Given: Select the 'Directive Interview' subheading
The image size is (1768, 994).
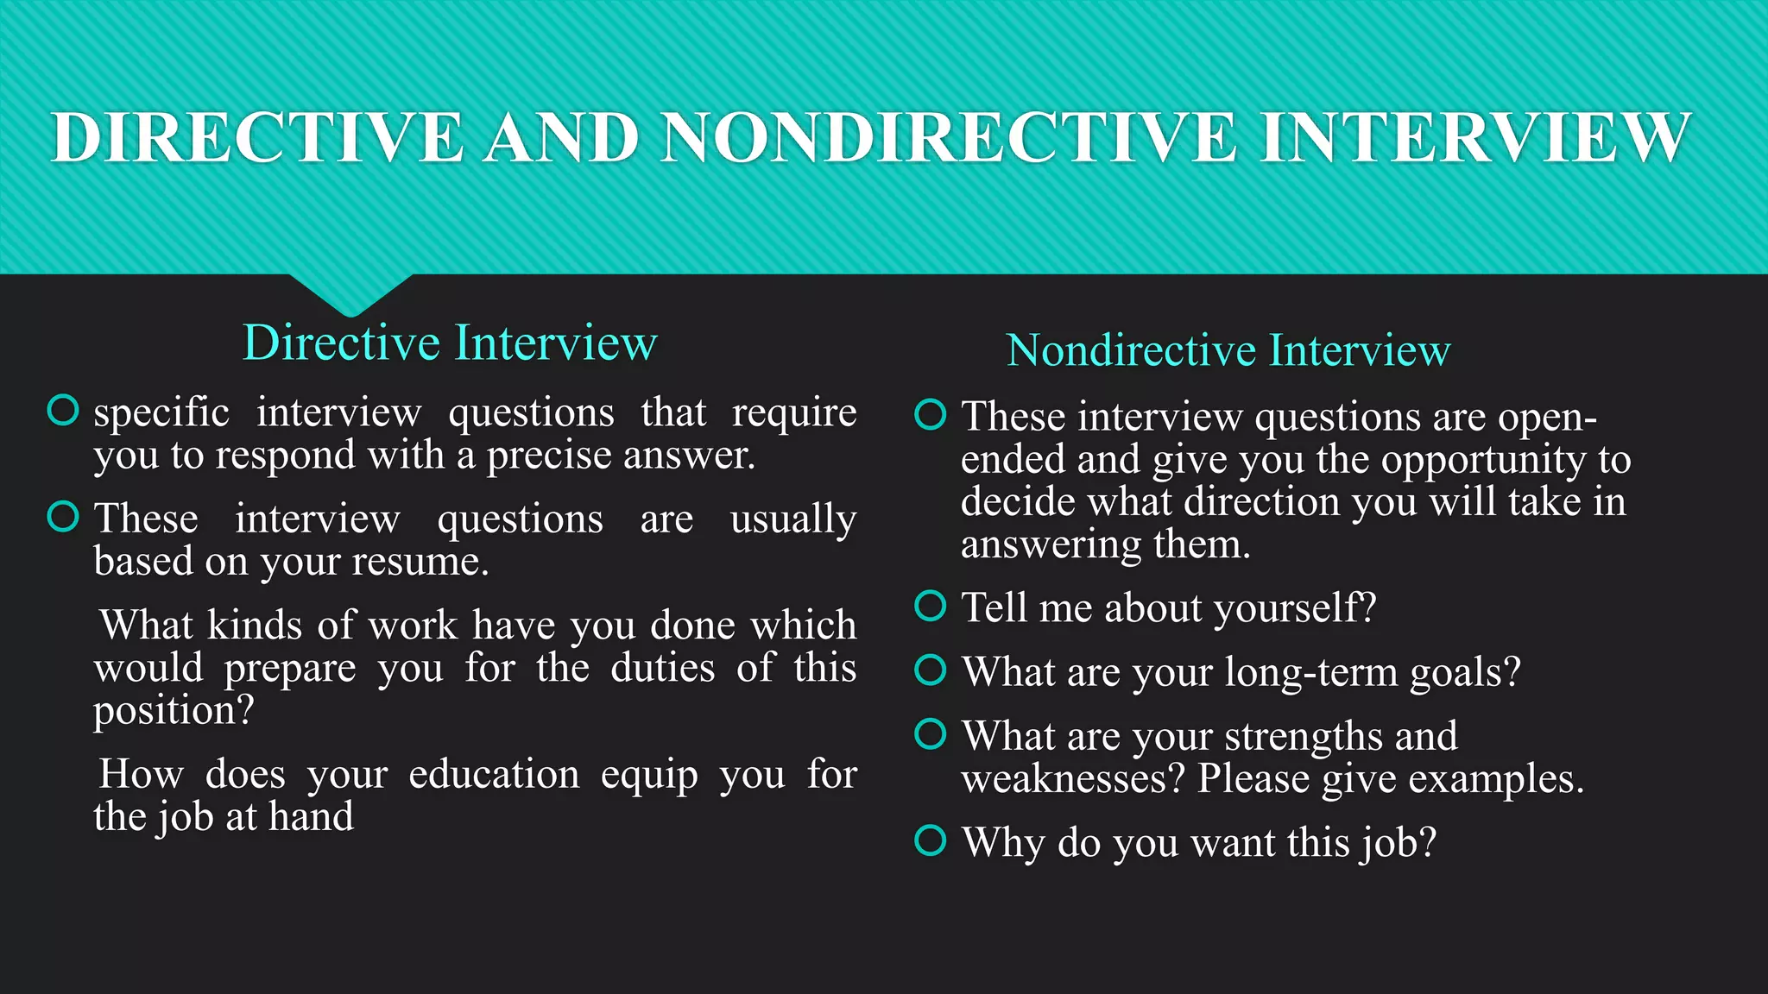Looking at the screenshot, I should (450, 343).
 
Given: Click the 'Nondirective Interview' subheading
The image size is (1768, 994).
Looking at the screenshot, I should (1228, 351).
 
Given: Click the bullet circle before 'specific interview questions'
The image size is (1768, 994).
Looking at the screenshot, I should (63, 411).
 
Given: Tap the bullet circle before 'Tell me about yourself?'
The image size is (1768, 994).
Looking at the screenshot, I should (931, 606).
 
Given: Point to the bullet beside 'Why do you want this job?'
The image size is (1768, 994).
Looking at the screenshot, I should (931, 840).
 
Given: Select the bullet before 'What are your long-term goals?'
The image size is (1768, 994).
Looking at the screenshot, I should (931, 670).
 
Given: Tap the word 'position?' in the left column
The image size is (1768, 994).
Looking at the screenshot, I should (174, 711).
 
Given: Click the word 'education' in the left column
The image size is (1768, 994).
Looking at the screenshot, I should (494, 774).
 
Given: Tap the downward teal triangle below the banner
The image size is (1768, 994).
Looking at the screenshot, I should (350, 293).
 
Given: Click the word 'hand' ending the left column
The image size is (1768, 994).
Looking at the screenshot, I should (311, 816).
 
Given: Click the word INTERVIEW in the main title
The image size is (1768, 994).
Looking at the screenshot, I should (1474, 137).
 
